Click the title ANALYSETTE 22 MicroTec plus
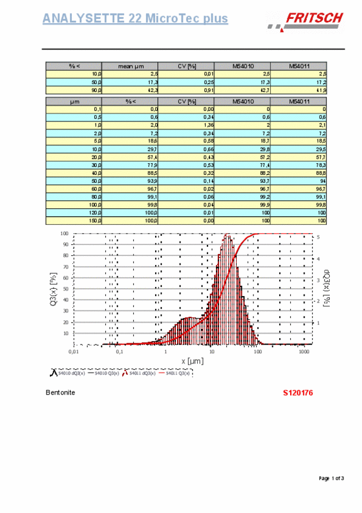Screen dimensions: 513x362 pyautogui.click(x=135, y=18)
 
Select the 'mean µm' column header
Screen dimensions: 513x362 pyautogui.click(x=129, y=66)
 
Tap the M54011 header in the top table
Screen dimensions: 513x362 pyautogui.click(x=298, y=66)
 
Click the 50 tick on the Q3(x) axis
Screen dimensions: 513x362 pyautogui.click(x=65, y=289)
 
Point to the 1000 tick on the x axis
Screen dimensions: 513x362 pyautogui.click(x=304, y=350)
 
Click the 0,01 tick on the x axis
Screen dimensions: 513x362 pyautogui.click(x=74, y=350)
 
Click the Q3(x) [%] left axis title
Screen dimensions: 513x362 pyautogui.click(x=53, y=289)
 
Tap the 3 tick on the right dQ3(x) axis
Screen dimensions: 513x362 pyautogui.click(x=319, y=280)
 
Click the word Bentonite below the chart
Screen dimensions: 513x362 pyautogui.click(x=60, y=393)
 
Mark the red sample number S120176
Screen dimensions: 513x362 pyautogui.click(x=298, y=393)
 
